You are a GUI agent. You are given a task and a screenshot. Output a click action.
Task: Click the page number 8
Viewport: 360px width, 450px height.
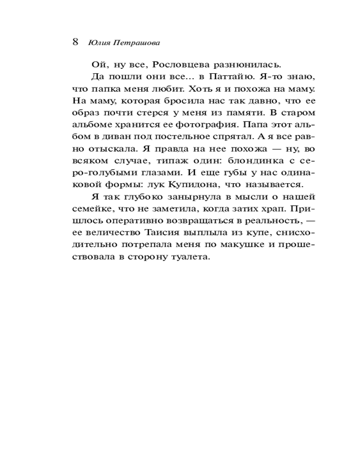(x=75, y=42)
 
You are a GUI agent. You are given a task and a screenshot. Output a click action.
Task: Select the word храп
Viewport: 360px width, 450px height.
(x=278, y=209)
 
